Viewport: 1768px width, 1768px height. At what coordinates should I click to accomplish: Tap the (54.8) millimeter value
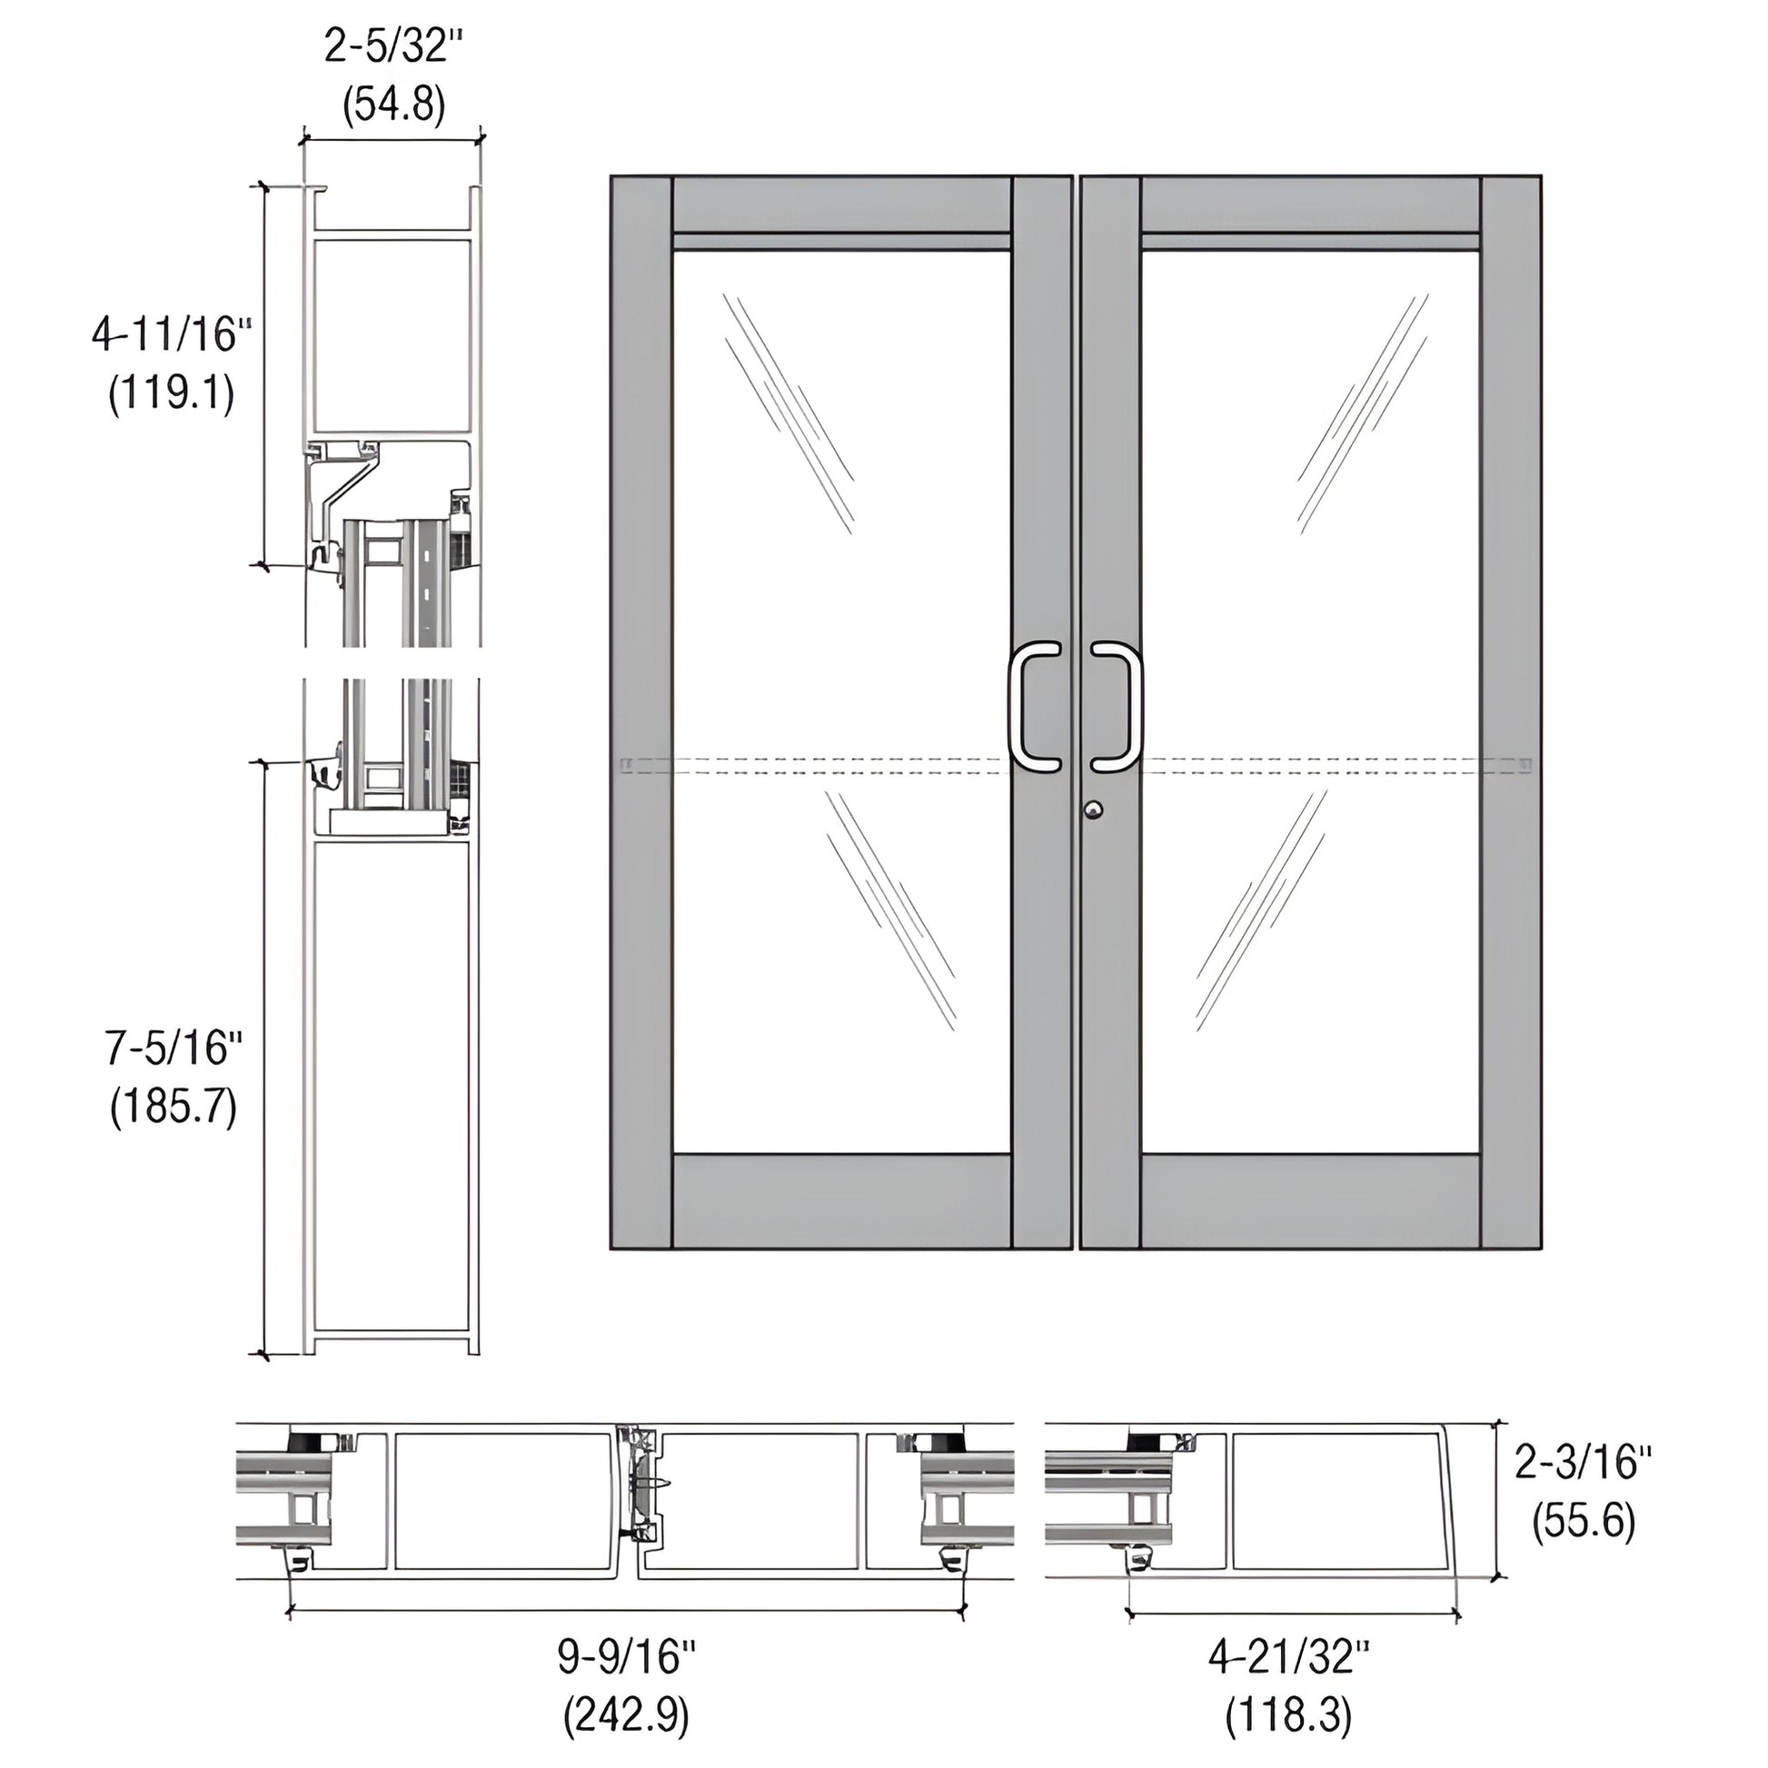(394, 104)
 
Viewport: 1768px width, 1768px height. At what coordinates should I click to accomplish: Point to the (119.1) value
(171, 395)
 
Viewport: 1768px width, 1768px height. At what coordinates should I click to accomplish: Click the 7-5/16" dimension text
(173, 1048)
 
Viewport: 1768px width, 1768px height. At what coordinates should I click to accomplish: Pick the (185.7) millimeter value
(173, 1108)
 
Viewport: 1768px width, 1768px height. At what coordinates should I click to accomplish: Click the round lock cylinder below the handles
(1093, 809)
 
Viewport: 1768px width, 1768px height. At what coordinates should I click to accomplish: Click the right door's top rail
(1310, 204)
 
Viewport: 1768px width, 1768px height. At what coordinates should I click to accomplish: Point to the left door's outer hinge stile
(641, 711)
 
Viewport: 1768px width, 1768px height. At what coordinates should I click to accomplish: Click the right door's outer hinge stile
(1511, 711)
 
